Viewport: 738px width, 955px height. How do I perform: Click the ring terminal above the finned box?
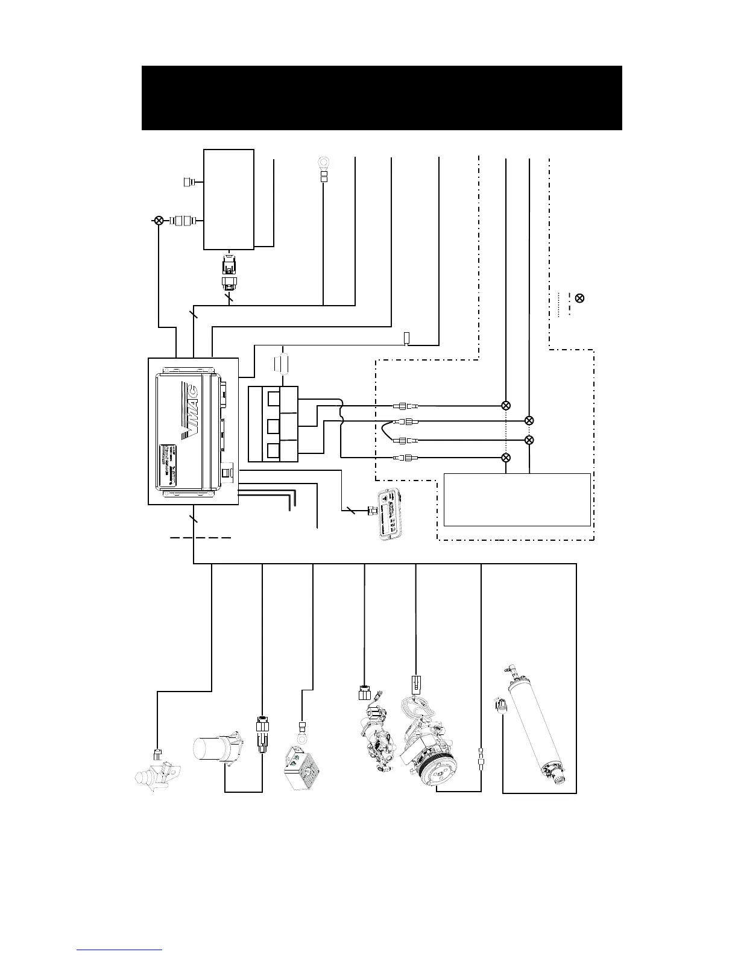(x=301, y=737)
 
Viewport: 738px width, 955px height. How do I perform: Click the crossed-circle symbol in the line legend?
(x=579, y=298)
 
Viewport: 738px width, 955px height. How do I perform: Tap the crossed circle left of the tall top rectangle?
(x=159, y=221)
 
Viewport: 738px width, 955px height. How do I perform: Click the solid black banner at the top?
(x=382, y=98)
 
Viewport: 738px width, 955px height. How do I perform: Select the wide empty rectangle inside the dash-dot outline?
(x=517, y=500)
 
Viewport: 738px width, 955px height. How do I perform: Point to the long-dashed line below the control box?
(x=201, y=537)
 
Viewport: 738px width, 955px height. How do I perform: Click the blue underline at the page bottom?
(x=120, y=950)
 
